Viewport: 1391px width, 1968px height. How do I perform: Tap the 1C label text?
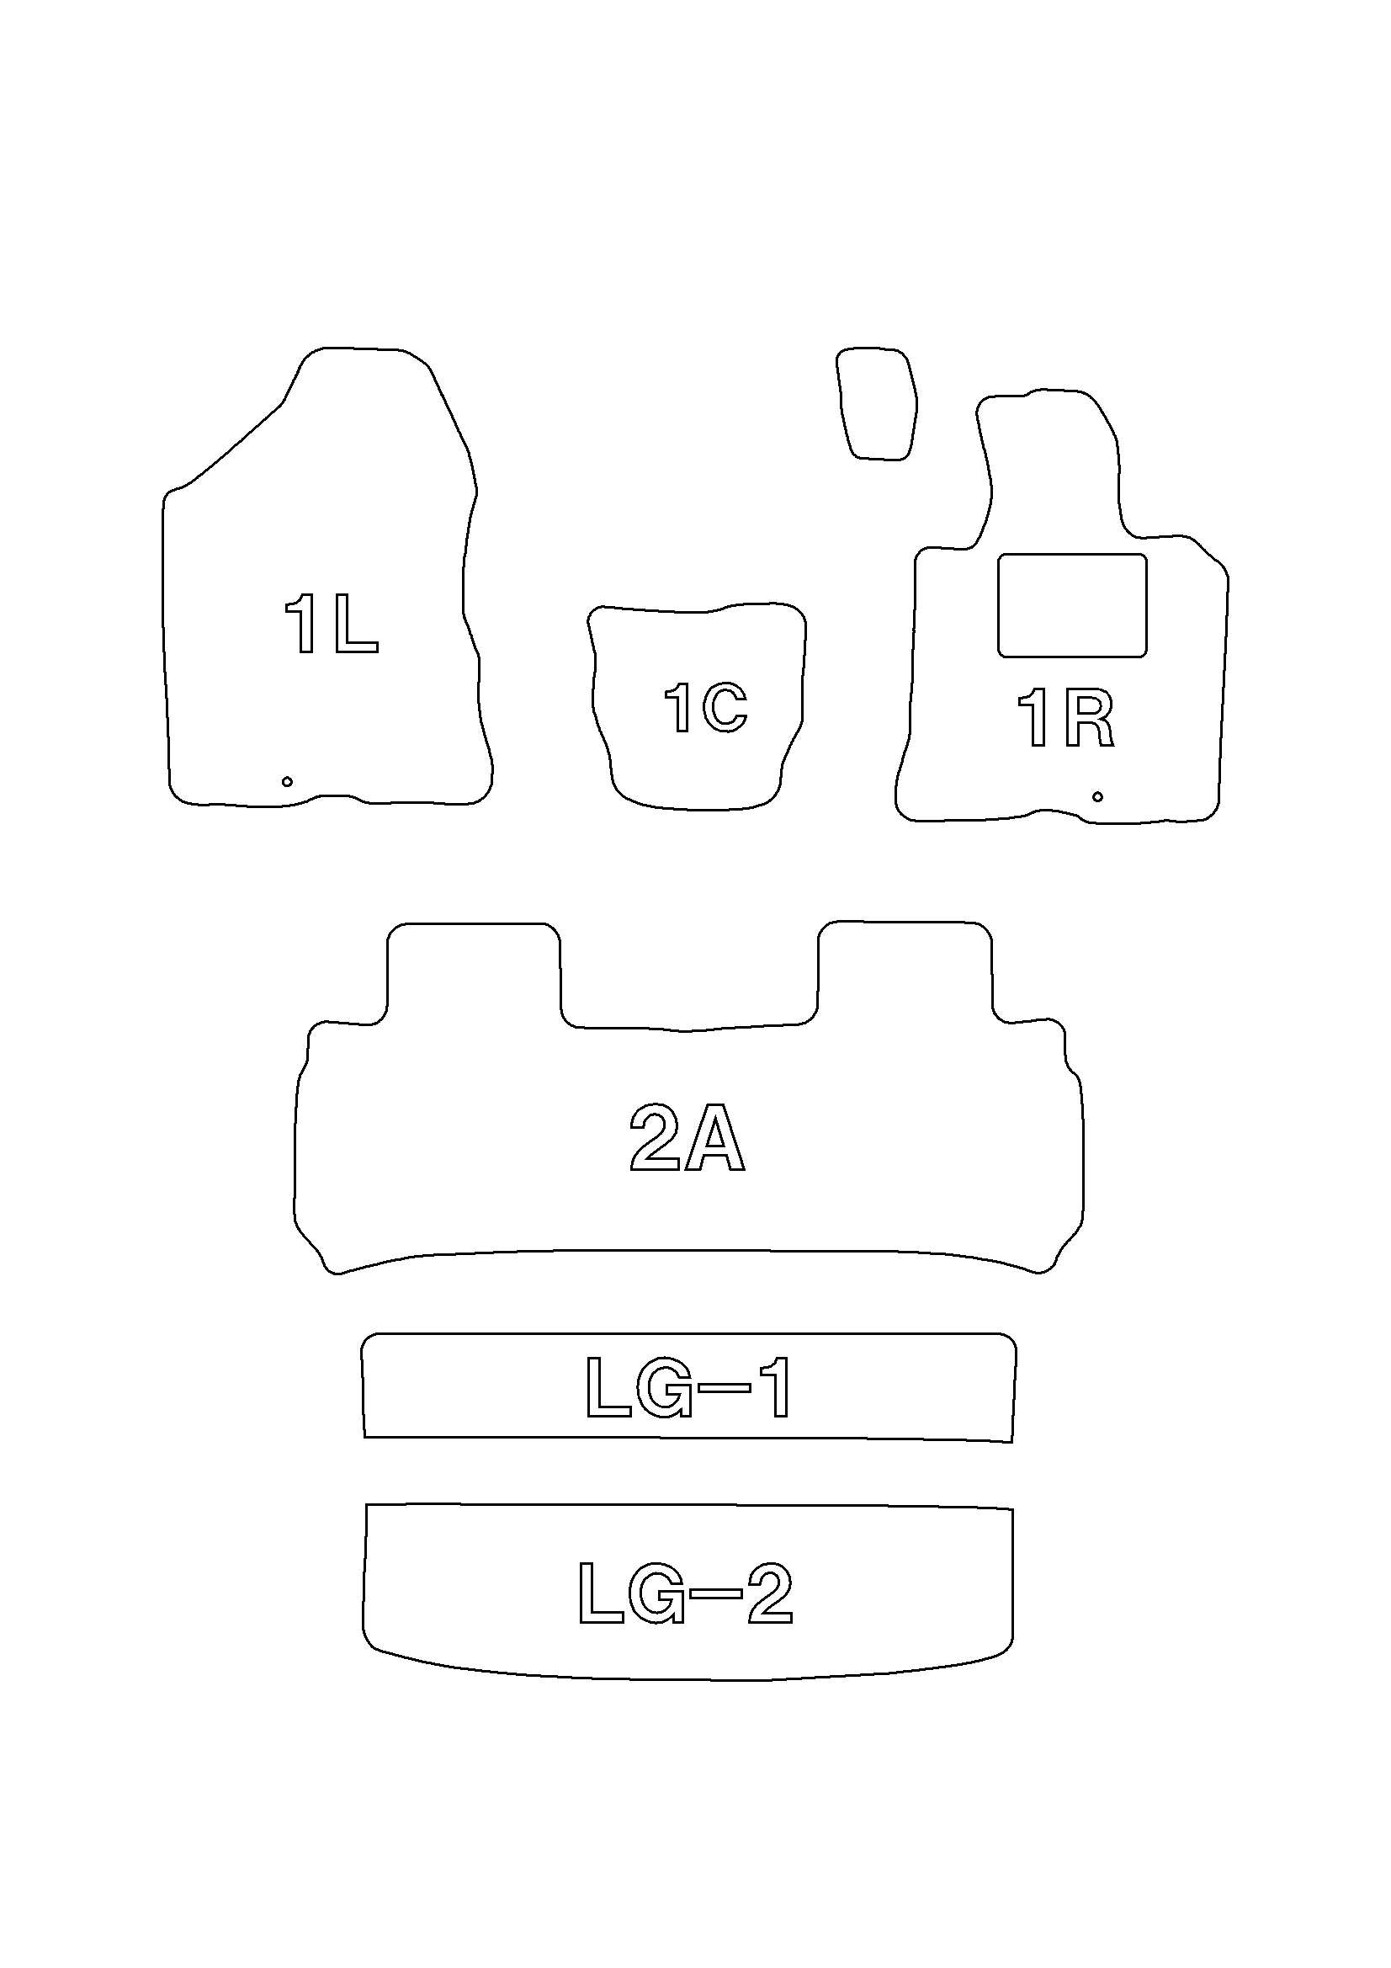pos(706,707)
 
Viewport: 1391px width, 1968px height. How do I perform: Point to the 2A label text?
pos(688,1136)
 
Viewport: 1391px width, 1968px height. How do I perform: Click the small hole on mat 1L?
pos(287,781)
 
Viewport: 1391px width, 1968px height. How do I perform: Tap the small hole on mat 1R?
pos(1097,796)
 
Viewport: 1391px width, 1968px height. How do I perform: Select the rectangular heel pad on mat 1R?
pos(1072,606)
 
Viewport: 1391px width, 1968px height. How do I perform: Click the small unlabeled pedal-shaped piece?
pos(877,404)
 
